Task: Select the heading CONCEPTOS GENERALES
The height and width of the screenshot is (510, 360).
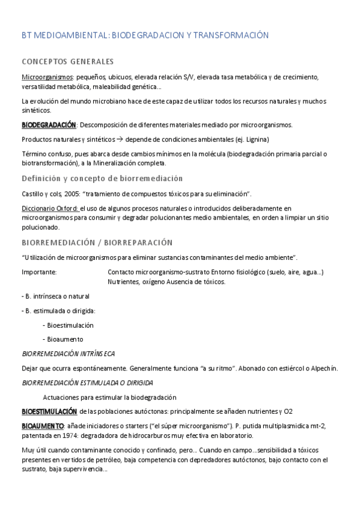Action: [67, 62]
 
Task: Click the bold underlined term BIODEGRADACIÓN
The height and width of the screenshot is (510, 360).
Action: [49, 125]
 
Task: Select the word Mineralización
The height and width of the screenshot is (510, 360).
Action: [90, 163]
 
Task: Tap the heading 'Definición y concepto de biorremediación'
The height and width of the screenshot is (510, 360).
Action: [102, 179]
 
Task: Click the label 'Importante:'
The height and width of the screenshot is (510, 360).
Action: [39, 272]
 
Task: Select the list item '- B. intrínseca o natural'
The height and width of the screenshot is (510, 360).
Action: [55, 296]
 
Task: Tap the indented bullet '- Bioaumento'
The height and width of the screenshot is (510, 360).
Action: [63, 339]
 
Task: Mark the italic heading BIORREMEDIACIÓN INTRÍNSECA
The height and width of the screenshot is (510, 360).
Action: [68, 354]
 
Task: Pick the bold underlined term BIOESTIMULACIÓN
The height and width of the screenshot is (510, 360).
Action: [49, 412]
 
